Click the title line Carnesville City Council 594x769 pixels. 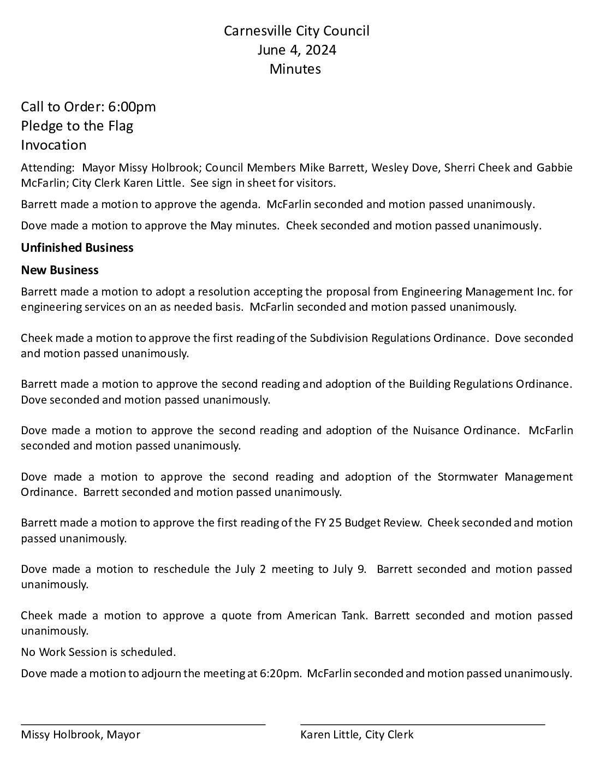tap(296, 31)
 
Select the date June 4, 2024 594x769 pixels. tap(296, 50)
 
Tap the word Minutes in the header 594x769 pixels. tap(295, 69)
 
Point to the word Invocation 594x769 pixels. tap(54, 145)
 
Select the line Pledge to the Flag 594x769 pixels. tap(77, 126)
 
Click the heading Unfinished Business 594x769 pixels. tap(77, 247)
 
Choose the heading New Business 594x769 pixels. tap(60, 270)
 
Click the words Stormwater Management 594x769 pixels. tap(505, 476)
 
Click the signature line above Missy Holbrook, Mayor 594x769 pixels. tap(143, 723)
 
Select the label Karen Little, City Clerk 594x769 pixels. tap(357, 735)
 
